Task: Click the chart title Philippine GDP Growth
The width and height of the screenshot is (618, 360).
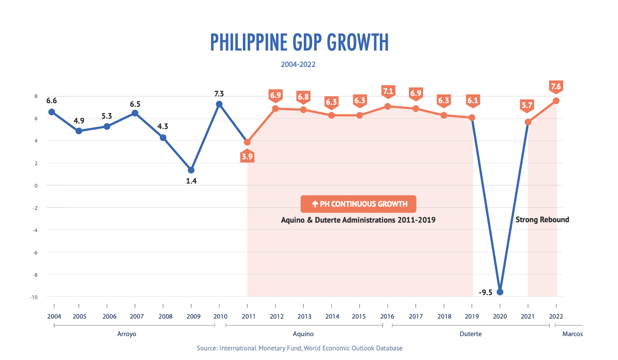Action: coord(299,43)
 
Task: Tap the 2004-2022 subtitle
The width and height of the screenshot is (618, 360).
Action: coord(298,65)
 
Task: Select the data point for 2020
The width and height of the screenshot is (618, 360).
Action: coord(500,292)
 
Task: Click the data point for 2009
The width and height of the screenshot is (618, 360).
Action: coord(191,170)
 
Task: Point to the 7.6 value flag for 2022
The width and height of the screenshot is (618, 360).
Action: coord(556,86)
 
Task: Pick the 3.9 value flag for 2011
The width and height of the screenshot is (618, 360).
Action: coord(247,157)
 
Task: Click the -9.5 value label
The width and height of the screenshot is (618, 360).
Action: coord(485,293)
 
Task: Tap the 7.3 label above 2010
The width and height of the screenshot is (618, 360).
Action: coord(219,94)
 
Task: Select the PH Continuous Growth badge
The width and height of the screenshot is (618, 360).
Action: coord(358,204)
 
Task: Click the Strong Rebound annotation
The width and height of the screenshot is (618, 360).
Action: coord(542,220)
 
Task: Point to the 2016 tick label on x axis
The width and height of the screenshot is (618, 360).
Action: coord(387,317)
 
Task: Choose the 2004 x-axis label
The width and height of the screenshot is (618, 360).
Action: coord(54,317)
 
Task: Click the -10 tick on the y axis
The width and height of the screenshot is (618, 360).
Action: coord(33,297)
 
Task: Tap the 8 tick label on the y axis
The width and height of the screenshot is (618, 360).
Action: coord(36,96)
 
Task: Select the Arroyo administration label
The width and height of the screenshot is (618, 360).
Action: coord(127,334)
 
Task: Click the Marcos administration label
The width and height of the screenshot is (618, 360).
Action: coord(572,334)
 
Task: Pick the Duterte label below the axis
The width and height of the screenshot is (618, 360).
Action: coord(470,334)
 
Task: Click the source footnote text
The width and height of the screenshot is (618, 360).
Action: coord(299,348)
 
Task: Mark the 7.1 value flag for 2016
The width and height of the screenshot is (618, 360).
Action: coord(388,92)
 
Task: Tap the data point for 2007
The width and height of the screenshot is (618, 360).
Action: coord(135,113)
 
